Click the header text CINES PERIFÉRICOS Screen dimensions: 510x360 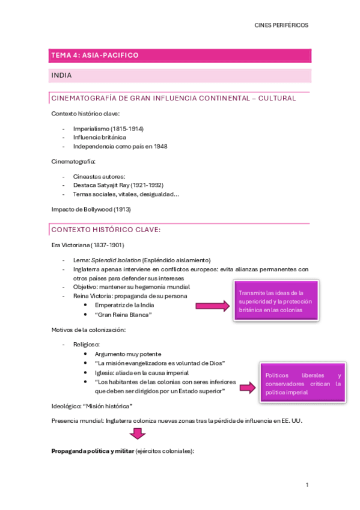pyautogui.click(x=281, y=25)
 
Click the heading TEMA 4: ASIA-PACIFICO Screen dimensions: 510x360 pyautogui.click(x=95, y=55)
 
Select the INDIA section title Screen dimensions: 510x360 pyautogui.click(x=62, y=76)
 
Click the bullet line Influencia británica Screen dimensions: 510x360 pyautogui.click(x=99, y=137)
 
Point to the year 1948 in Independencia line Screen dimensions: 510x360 pyautogui.click(x=160, y=146)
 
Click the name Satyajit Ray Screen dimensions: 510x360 pyautogui.click(x=112, y=185)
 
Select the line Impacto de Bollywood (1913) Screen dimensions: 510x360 pyautogui.click(x=91, y=209)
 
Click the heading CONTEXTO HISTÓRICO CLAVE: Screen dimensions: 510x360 pyautogui.click(x=106, y=230)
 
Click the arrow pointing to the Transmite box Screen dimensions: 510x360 pyautogui.click(x=213, y=306)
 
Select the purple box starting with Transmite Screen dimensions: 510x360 pyautogui.click(x=276, y=301)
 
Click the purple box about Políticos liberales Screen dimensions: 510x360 pyautogui.click(x=303, y=383)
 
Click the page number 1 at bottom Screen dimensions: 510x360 pyautogui.click(x=307, y=485)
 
